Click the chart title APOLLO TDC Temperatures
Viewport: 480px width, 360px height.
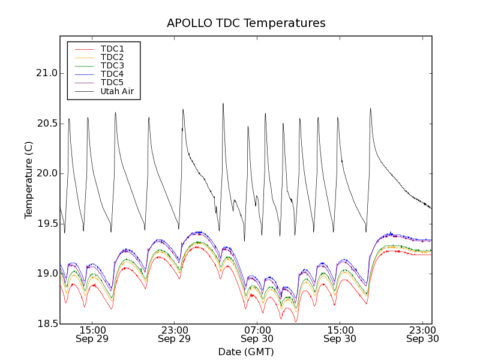pyautogui.click(x=246, y=23)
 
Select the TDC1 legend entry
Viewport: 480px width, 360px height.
pyautogui.click(x=112, y=49)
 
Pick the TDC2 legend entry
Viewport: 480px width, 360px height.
pyautogui.click(x=112, y=57)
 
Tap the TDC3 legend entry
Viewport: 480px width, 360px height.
pyautogui.click(x=112, y=65)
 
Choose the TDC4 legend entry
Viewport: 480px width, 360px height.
pyautogui.click(x=112, y=74)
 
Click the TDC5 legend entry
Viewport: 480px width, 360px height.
pyautogui.click(x=112, y=82)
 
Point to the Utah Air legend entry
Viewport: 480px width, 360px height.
pyautogui.click(x=117, y=91)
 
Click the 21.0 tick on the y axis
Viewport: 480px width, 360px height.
pyautogui.click(x=46, y=73)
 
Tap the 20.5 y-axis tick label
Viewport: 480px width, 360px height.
pyautogui.click(x=46, y=124)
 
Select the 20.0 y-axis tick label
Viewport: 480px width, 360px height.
pyautogui.click(x=46, y=173)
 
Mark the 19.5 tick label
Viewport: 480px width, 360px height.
pyautogui.click(x=46, y=224)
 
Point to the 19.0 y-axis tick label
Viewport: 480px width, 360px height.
pyautogui.click(x=46, y=274)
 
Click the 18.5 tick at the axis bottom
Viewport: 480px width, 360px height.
pyautogui.click(x=46, y=324)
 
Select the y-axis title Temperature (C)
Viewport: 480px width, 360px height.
pyautogui.click(x=29, y=180)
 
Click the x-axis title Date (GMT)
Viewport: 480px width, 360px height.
pyautogui.click(x=246, y=352)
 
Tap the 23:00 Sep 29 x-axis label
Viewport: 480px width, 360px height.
pyautogui.click(x=175, y=334)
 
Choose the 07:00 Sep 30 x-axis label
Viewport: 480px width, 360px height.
pyautogui.click(x=257, y=334)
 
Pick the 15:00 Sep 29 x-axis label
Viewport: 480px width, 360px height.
pyautogui.click(x=92, y=334)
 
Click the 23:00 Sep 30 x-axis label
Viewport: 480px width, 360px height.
pyautogui.click(x=422, y=334)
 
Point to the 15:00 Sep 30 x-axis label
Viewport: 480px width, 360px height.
pyautogui.click(x=340, y=334)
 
